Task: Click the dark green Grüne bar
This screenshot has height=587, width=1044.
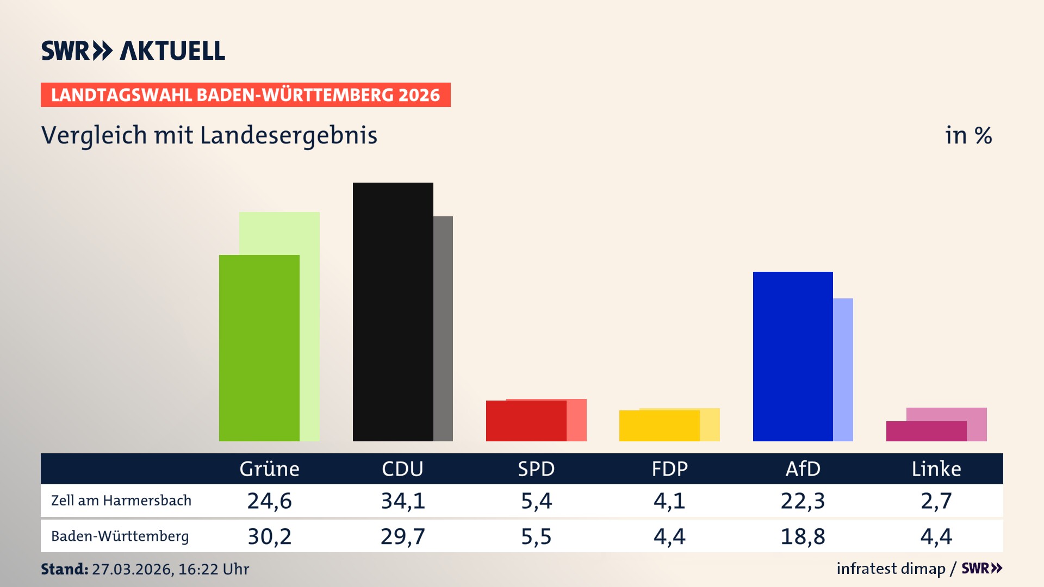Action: (259, 348)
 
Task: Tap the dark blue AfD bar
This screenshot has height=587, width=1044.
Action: (792, 356)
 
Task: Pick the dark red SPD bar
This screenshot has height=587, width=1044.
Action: (526, 421)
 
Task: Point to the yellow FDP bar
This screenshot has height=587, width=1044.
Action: (659, 426)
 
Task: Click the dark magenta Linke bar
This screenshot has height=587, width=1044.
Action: (926, 431)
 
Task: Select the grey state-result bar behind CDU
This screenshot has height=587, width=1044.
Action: (443, 328)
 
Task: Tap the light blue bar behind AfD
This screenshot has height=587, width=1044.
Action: (843, 370)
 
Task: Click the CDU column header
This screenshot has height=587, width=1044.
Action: (402, 469)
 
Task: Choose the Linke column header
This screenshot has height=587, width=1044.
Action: (936, 469)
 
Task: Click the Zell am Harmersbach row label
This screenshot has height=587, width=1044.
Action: (121, 501)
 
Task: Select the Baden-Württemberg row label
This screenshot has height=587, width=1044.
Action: (120, 536)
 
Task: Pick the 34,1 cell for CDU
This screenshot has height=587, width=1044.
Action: (402, 501)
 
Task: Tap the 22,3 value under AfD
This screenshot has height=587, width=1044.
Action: (803, 501)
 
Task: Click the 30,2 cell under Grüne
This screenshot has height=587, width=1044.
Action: (269, 536)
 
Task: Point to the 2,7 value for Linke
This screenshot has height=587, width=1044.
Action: (936, 501)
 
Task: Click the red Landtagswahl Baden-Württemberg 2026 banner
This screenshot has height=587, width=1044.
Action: (245, 95)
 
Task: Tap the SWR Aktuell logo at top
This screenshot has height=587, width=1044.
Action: (133, 51)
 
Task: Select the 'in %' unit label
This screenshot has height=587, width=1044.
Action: (968, 135)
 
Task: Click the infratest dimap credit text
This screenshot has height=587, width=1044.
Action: (891, 569)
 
